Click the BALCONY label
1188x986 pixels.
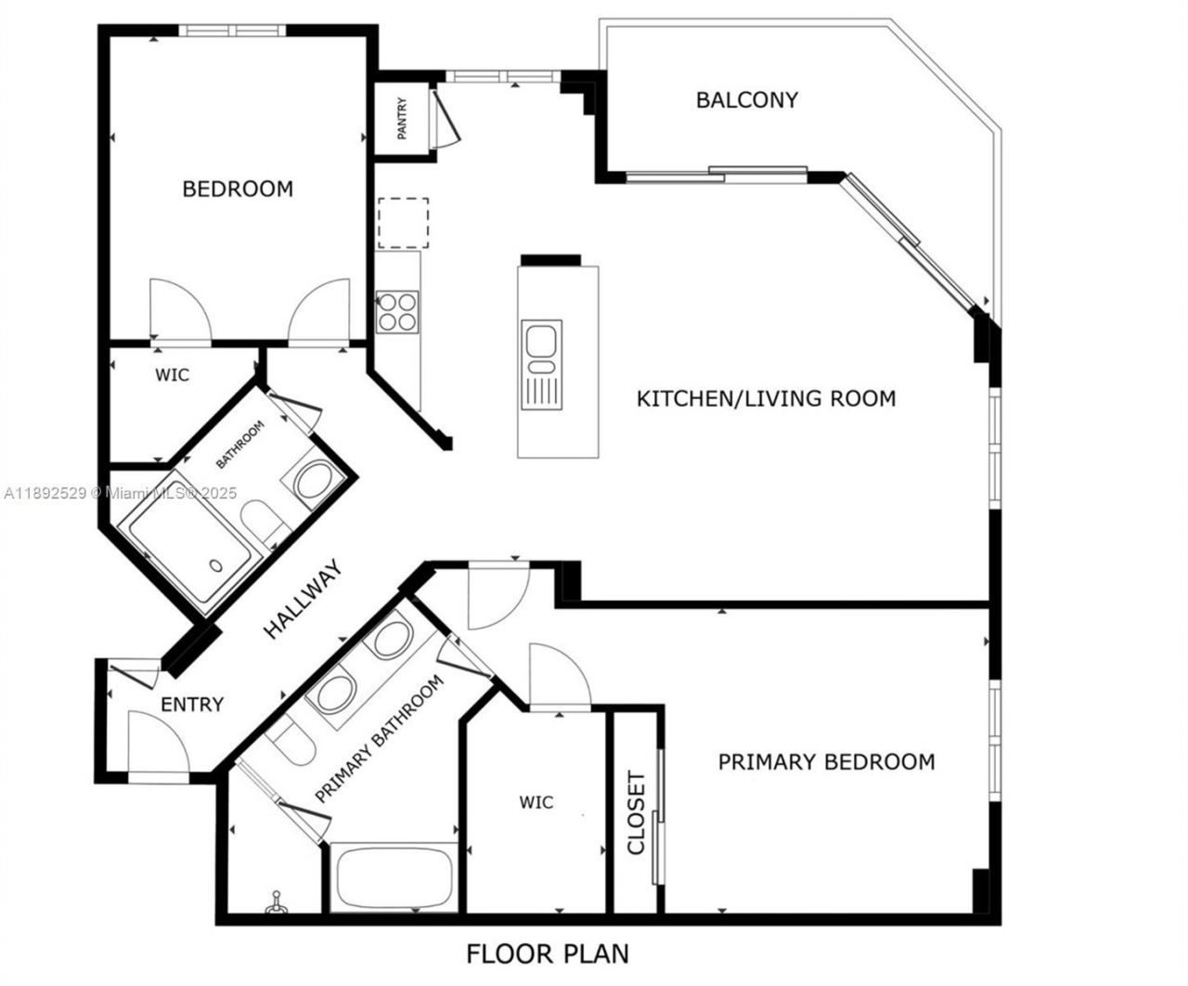coord(747,100)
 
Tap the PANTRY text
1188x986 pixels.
coord(403,119)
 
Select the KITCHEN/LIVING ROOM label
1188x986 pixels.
coord(766,399)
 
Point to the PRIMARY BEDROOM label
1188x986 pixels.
coord(826,762)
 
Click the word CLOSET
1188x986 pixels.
coord(637,812)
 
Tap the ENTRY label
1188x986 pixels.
coord(192,705)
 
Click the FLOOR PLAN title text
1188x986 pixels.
coord(548,954)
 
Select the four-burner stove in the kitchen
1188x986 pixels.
coord(398,311)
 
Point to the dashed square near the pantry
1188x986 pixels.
coord(403,222)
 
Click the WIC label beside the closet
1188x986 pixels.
coord(536,802)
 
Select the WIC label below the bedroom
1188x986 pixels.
coord(172,375)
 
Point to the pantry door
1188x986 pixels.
coord(445,116)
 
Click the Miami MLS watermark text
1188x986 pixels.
coord(121,494)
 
